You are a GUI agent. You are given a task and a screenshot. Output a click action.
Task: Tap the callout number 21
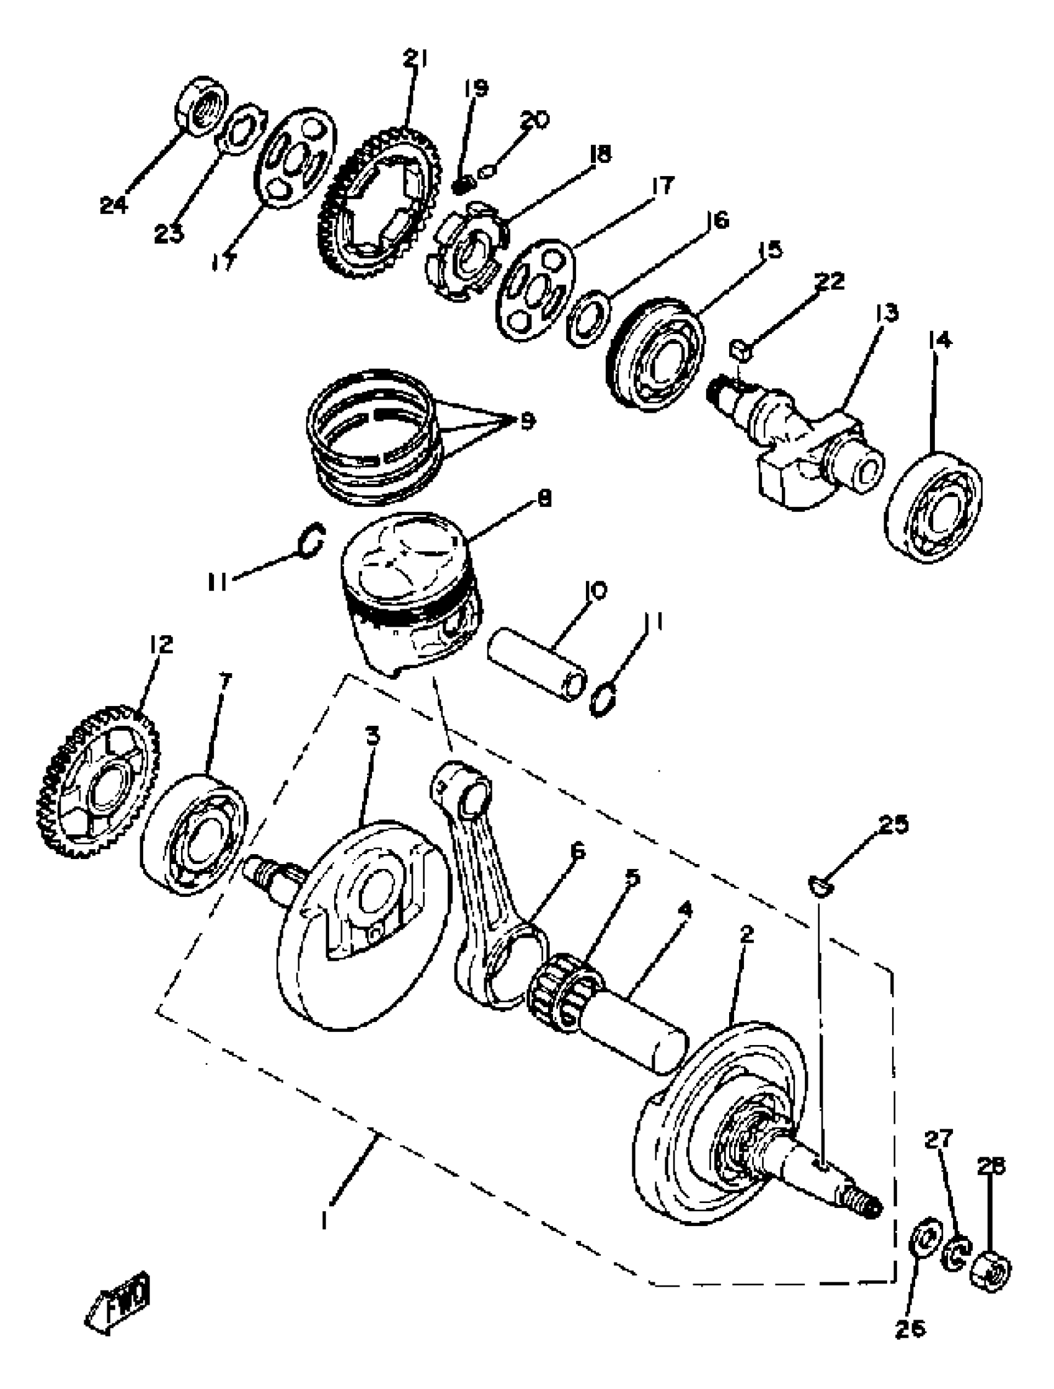point(415,60)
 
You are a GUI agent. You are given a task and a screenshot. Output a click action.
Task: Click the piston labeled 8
point(412,593)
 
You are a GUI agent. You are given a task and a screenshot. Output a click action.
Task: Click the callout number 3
point(373,734)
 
